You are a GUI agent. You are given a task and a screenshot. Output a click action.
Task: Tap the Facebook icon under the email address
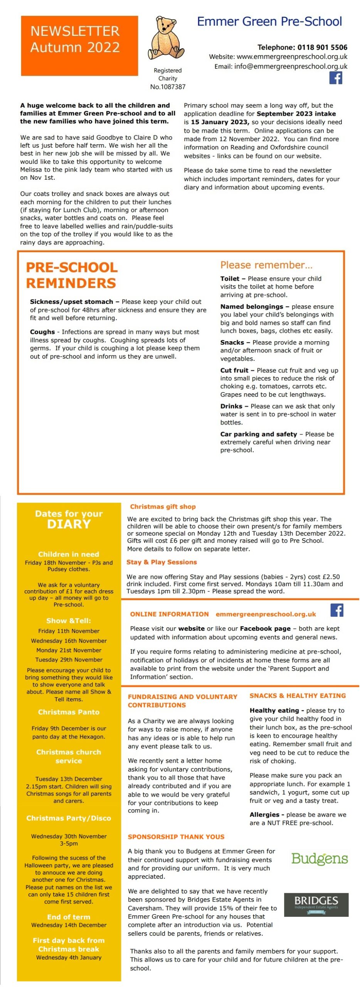[x=336, y=78]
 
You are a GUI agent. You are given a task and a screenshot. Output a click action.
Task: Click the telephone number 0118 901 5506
[x=322, y=47]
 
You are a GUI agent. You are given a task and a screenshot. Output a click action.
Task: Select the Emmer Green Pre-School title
[x=269, y=22]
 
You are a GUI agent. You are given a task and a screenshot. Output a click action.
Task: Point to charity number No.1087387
[x=168, y=87]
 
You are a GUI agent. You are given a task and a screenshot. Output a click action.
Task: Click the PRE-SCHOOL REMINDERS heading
[x=72, y=275]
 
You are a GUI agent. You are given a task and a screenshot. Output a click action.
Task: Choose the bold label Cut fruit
[x=234, y=370]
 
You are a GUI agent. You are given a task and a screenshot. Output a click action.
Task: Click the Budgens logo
[x=320, y=858]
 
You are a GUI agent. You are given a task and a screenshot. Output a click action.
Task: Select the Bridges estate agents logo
[x=316, y=904]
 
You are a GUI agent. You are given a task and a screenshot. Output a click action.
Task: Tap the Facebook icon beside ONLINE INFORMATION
[x=337, y=610]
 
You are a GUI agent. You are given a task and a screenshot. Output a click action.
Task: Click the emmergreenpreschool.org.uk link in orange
[x=266, y=614]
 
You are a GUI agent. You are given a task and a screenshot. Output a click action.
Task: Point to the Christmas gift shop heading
[x=163, y=507]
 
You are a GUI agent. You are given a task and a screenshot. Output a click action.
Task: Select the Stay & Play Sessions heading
[x=161, y=562]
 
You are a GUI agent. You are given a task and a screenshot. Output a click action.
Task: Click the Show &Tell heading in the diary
[x=69, y=621]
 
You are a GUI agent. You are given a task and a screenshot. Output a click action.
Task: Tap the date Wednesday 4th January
[x=69, y=957]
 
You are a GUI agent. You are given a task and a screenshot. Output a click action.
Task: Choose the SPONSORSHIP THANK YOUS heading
[x=176, y=837]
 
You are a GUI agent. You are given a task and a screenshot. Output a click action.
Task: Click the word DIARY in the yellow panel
[x=69, y=524]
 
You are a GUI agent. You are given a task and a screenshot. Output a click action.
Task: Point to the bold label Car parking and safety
[x=259, y=434]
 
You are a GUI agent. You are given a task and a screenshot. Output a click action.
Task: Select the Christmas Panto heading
[x=69, y=712]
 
